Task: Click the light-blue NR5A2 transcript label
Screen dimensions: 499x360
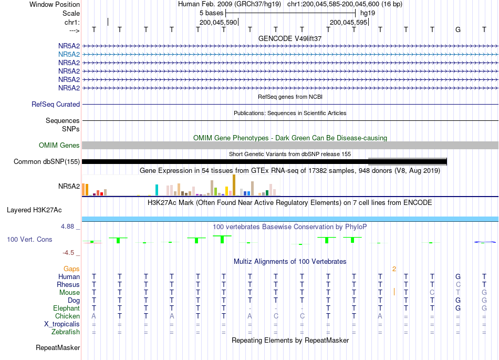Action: click(69, 55)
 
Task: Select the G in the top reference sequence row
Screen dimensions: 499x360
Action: click(458, 29)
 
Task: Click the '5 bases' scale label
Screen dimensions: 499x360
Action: click(211, 13)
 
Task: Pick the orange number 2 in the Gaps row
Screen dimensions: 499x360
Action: click(394, 269)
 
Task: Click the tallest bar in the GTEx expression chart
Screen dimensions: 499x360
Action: click(234, 185)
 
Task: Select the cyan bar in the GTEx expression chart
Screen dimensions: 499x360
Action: click(157, 190)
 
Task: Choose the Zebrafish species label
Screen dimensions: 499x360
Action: click(66, 332)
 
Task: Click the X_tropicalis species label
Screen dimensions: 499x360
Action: click(62, 324)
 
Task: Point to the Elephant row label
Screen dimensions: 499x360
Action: click(67, 308)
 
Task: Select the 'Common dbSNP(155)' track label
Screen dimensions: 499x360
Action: click(47, 162)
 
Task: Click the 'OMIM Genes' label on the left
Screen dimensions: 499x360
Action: click(59, 146)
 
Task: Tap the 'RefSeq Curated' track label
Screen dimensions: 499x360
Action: click(56, 105)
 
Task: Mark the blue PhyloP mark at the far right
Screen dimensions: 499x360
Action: click(485, 242)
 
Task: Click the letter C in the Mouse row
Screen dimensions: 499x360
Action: click(432, 292)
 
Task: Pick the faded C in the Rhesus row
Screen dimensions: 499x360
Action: click(458, 284)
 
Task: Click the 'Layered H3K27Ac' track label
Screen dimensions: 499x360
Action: click(34, 210)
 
